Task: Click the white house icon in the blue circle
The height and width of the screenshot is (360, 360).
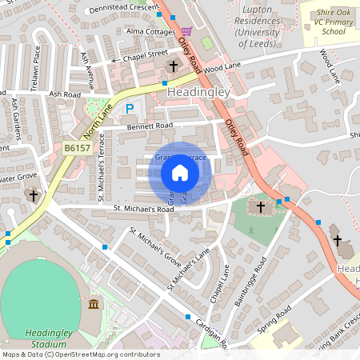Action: pos(180,172)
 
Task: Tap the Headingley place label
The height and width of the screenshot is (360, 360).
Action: pos(198,93)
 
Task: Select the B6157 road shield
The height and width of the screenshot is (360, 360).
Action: pos(78,148)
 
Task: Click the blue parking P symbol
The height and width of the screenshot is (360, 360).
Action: pos(130,108)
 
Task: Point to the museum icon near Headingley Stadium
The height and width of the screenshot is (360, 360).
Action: pos(94,304)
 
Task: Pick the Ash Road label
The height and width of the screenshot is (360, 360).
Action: pos(65,94)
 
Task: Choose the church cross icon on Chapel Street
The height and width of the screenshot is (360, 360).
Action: pos(174,65)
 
